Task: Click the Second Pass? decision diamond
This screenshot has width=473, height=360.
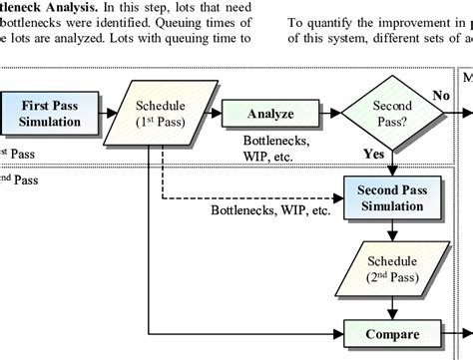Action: coord(391,113)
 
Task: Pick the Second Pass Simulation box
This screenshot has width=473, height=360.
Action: coord(392,196)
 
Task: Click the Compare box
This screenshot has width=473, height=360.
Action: coord(391,334)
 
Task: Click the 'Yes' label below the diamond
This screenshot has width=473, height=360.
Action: coord(373,156)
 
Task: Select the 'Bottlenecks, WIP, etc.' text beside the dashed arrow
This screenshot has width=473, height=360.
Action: coord(270,210)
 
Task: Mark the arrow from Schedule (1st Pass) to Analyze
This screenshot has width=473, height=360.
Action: coord(212,113)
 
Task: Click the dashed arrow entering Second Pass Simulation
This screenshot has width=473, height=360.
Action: coord(299,195)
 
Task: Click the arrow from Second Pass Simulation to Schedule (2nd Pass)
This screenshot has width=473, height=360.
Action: coord(392,230)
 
